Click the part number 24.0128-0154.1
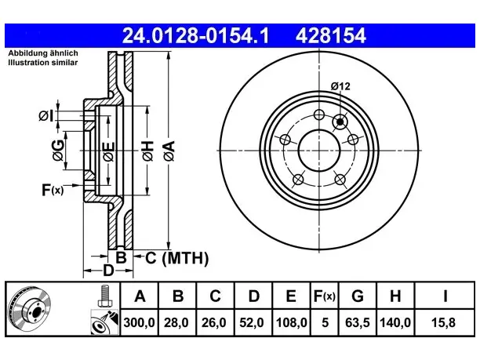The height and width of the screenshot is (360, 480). click(x=195, y=35)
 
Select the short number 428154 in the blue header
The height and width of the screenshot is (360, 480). click(x=331, y=35)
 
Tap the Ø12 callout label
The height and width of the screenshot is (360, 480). click(x=340, y=86)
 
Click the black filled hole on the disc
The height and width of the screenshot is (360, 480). click(x=340, y=122)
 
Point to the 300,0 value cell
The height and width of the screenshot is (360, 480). click(x=140, y=322)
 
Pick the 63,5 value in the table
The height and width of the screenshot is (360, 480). click(x=358, y=322)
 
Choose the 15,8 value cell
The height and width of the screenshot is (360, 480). click(x=443, y=322)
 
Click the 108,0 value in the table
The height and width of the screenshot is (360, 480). click(x=291, y=322)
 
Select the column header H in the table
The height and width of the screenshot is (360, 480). click(x=395, y=296)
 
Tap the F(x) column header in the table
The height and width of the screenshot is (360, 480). click(x=325, y=296)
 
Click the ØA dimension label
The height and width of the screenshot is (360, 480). click(x=169, y=151)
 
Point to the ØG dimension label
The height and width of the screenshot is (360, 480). click(x=58, y=151)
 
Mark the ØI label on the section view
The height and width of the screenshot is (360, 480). click(x=46, y=116)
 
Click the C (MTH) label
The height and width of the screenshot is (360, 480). click(x=177, y=258)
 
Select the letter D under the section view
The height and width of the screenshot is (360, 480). click(x=108, y=271)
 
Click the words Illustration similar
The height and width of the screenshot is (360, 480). click(x=43, y=63)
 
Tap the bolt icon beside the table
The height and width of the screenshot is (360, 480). click(x=104, y=296)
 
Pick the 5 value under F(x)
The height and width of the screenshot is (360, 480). click(x=325, y=322)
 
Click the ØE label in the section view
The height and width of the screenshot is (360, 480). click(x=109, y=152)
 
